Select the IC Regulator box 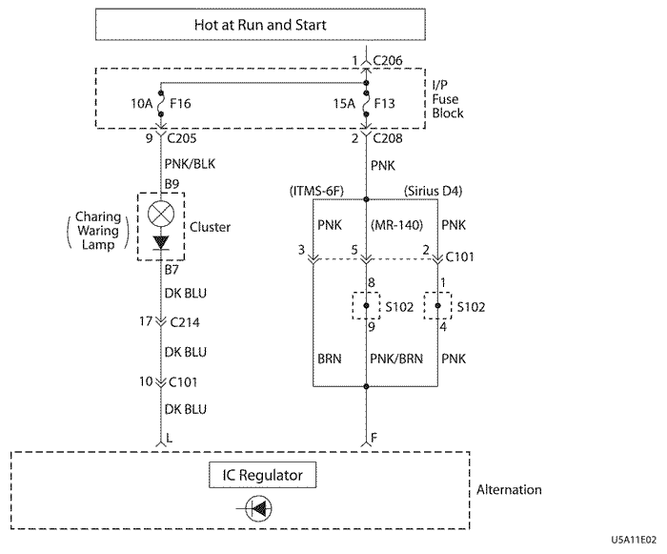coord(261,473)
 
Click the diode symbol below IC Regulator coord(255,510)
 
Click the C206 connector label coord(389,62)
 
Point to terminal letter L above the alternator coord(170,440)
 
